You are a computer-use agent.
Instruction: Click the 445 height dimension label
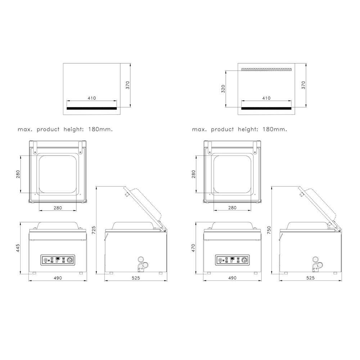point(18,248)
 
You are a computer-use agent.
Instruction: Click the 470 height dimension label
point(193,248)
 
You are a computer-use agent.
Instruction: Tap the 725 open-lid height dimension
point(94,230)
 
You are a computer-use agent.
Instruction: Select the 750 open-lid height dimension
point(269,230)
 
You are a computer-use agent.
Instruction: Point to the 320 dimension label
point(223,89)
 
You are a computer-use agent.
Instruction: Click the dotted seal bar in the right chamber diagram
point(266,69)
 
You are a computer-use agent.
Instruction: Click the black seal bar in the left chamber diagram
point(91,108)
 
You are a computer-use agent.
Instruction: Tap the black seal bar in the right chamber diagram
point(266,108)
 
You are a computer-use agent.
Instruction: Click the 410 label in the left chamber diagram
point(91,98)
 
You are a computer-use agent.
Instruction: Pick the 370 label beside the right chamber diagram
point(303,85)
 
